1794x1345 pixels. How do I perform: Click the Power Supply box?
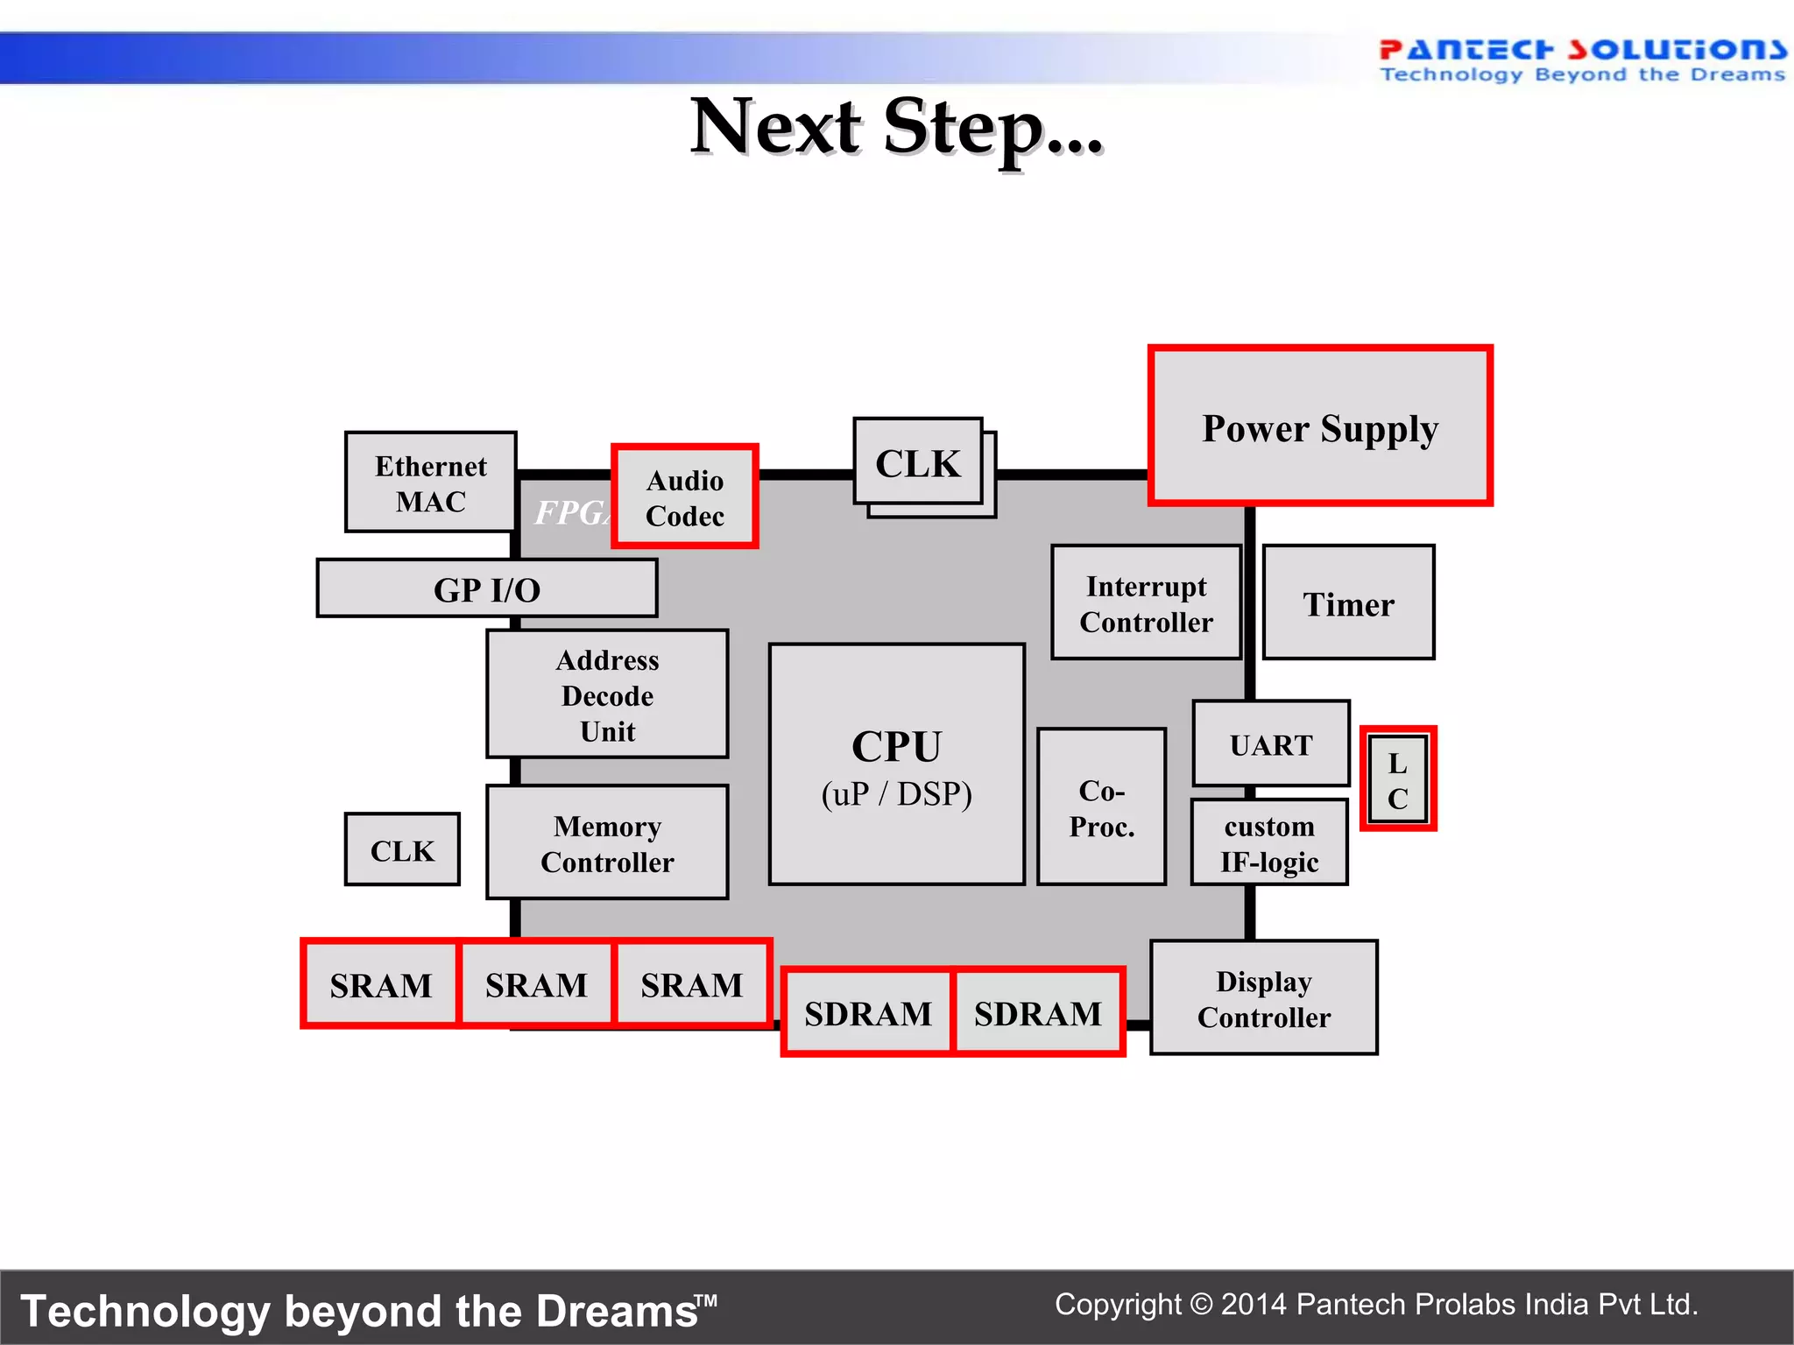point(1320,426)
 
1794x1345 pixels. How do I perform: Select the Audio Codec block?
point(685,496)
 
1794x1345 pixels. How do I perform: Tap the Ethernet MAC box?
point(430,482)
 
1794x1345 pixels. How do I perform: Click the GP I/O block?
point(487,588)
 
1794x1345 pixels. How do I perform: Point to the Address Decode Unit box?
point(607,694)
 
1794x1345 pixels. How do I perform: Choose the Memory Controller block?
point(607,842)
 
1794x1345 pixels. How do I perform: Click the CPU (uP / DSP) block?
point(896,764)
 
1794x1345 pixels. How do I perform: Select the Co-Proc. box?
point(1101,806)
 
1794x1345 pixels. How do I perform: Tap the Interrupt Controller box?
point(1146,602)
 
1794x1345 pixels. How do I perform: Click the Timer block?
point(1348,602)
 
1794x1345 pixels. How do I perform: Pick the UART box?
point(1271,743)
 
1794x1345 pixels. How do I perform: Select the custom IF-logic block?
point(1269,842)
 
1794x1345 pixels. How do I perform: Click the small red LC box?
point(1398,778)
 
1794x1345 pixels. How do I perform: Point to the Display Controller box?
point(1263,998)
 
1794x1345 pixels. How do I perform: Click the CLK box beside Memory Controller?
point(402,849)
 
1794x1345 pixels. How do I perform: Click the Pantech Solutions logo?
point(1581,60)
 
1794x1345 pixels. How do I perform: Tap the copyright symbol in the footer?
point(1201,1305)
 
